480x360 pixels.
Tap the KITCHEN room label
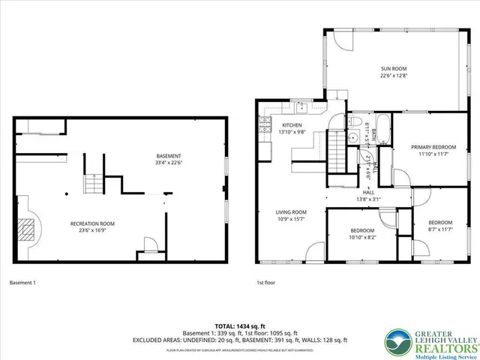(292, 125)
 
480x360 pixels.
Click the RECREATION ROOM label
(92, 224)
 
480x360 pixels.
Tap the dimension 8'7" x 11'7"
(440, 230)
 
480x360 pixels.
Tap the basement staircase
(92, 183)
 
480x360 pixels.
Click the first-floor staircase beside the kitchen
(337, 151)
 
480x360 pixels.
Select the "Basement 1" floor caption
(22, 283)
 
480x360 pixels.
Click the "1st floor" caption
(265, 283)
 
